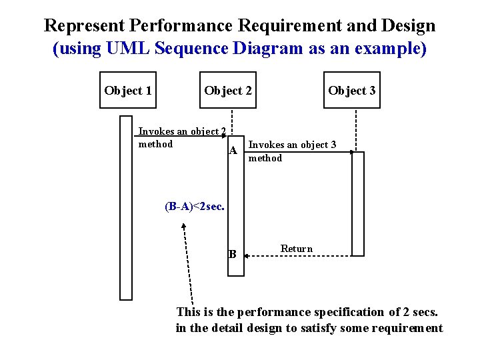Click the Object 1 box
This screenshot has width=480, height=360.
[127, 90]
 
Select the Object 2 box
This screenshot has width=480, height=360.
[228, 90]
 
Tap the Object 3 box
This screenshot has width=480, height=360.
[351, 90]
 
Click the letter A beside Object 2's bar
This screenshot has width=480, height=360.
[233, 151]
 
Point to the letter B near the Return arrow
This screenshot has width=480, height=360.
[232, 253]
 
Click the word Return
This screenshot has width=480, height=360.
[296, 249]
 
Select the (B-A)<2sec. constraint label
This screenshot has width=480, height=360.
[195, 206]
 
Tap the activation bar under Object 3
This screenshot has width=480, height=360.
[358, 203]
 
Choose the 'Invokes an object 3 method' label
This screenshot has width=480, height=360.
[292, 151]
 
